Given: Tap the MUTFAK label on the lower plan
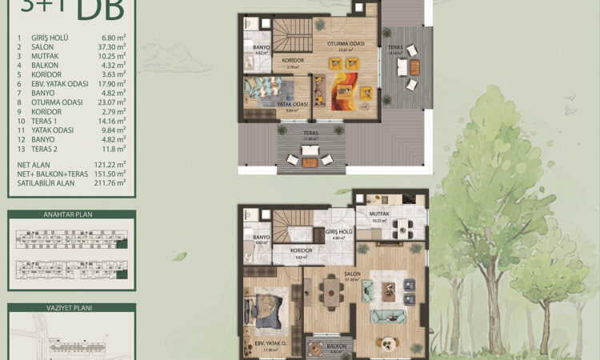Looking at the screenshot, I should (378, 214).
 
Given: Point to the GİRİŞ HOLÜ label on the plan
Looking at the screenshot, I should (339, 232).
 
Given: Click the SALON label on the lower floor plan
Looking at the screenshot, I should (352, 274).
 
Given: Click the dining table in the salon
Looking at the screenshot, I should (330, 296).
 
